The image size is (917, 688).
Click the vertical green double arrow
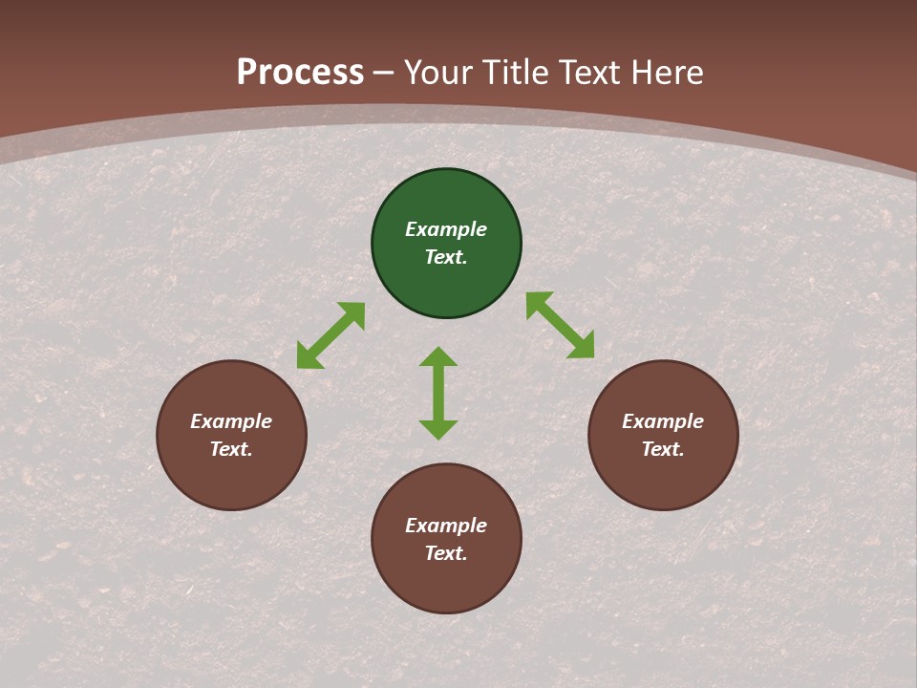(438, 393)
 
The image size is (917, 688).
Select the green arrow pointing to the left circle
(331, 335)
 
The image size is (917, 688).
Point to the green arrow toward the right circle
(560, 325)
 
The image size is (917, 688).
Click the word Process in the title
(300, 72)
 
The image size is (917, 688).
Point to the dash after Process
(383, 73)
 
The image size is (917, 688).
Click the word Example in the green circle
(446, 229)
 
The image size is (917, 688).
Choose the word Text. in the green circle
(446, 257)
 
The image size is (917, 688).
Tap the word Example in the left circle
(231, 421)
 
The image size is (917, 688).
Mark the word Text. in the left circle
(231, 449)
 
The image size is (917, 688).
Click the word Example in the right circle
(663, 421)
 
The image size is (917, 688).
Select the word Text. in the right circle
(663, 449)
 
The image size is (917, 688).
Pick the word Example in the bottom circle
(446, 526)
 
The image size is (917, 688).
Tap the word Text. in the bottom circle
(446, 553)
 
